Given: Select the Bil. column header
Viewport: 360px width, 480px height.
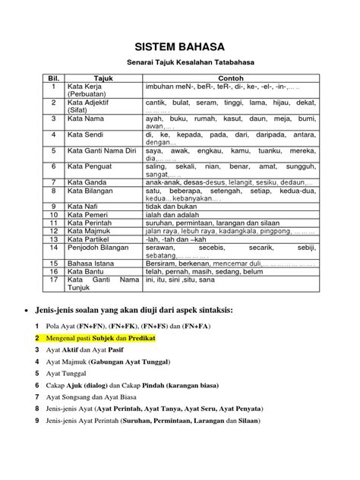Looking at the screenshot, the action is (x=53, y=79).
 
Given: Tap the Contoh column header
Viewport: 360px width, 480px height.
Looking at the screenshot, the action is (x=230, y=79).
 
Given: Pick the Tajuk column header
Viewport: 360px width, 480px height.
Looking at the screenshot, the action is (x=103, y=79).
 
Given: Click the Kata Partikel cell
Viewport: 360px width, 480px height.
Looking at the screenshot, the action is (x=90, y=238).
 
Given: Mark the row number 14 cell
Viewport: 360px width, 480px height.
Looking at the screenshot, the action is (x=53, y=247).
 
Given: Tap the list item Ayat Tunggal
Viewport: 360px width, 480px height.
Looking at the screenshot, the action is (x=69, y=374).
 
